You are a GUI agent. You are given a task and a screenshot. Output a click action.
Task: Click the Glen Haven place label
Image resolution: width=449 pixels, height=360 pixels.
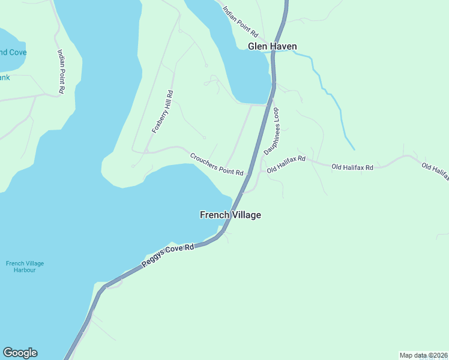pos(272,46)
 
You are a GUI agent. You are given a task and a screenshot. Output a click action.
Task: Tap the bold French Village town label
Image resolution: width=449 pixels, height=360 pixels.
pos(230,215)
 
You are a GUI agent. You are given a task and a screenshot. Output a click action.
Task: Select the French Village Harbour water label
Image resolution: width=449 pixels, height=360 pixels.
pos(25,266)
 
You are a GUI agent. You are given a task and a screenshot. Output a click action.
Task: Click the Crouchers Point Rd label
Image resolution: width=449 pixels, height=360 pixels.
pos(217,164)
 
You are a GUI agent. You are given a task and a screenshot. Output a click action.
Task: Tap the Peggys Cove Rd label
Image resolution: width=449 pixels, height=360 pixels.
pos(169,255)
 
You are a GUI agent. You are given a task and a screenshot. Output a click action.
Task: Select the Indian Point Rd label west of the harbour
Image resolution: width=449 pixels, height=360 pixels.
pos(61,70)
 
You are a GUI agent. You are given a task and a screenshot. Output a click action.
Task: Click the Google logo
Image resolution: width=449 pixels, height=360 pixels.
pos(20,353)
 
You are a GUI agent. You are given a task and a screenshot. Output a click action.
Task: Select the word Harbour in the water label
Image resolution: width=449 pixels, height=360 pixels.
pos(25,270)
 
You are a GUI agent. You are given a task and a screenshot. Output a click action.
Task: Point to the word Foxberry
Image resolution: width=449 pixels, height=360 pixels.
pos(158,120)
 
